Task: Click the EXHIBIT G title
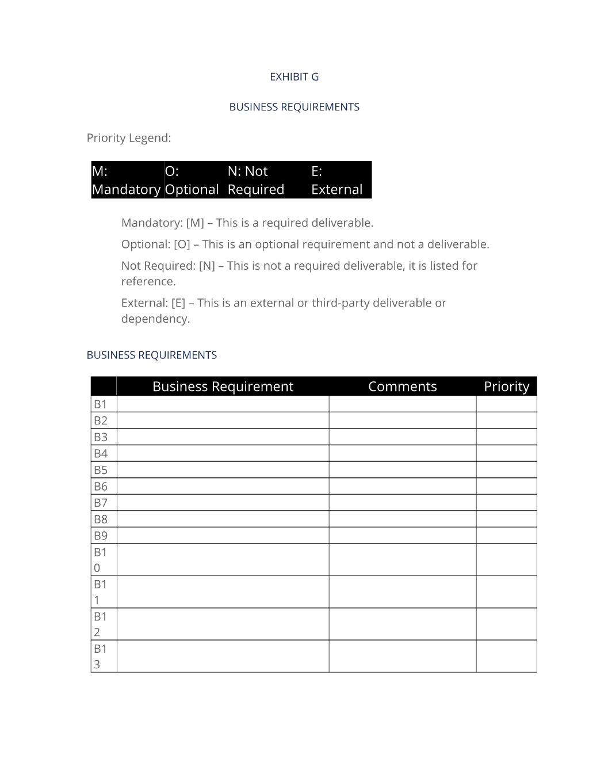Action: coord(294,77)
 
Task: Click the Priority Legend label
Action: coord(129,138)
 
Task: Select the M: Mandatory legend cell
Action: coord(127,180)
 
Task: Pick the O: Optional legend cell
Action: coord(192,180)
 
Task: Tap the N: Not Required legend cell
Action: coord(257,180)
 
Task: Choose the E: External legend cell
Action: coord(338,180)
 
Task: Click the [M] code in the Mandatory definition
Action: coord(195,223)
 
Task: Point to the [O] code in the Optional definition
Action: coord(182,244)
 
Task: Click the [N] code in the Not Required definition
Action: coord(206,266)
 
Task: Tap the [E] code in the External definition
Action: coord(178,303)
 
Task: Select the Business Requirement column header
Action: coord(223,386)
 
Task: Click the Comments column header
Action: coord(402,386)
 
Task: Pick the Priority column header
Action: coord(506,386)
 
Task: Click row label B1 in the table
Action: coord(101,404)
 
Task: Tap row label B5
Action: coord(101,470)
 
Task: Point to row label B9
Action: coord(101,535)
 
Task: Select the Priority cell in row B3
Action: coord(506,437)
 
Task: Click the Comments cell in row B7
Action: coord(402,503)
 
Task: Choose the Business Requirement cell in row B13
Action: coord(223,656)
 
